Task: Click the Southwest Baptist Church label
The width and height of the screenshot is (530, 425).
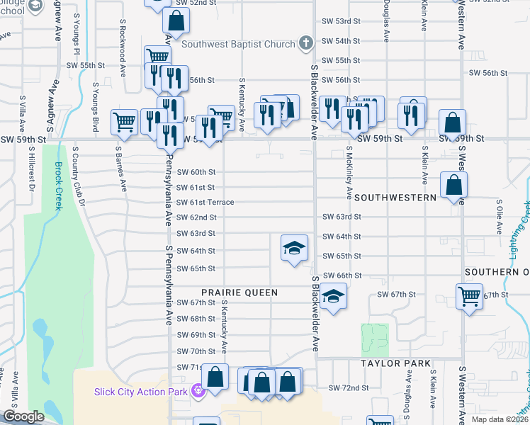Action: pos(238,44)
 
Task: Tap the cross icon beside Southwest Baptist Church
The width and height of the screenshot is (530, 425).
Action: pos(306,43)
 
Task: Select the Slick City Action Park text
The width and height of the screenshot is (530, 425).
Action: pos(141,391)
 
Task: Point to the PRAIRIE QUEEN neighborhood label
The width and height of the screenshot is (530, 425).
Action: pos(239,292)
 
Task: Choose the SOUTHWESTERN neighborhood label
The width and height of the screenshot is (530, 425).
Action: pos(395,197)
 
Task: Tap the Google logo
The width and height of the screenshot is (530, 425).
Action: pos(23,416)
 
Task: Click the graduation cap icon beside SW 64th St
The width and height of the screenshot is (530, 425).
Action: pos(294,247)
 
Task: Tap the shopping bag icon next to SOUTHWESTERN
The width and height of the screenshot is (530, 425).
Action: pos(453,186)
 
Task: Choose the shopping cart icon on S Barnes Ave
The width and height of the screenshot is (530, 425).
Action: pos(124,121)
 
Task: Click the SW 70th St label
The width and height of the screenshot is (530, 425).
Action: pos(196,351)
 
